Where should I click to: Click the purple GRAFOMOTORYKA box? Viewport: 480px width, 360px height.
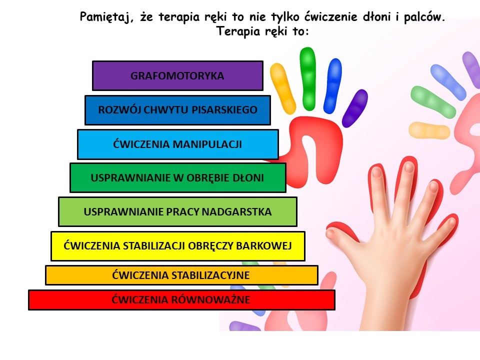coord(177,75)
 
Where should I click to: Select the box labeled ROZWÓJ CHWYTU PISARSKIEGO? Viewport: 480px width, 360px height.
coord(177,110)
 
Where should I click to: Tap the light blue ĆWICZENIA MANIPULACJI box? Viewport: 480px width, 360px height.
coord(178,144)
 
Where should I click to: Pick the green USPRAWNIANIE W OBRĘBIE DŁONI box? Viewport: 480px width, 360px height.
coord(178,178)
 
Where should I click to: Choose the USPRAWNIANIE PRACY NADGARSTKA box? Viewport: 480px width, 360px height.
coord(177,212)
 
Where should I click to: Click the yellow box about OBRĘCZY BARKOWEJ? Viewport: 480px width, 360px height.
coord(178,246)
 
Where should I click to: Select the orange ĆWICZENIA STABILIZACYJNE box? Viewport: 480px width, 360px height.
coord(181,275)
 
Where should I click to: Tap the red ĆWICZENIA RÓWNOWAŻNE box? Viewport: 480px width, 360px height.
coord(181,299)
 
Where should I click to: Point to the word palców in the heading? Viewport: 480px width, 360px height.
coord(424,17)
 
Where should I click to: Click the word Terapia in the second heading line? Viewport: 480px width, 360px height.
coord(238,31)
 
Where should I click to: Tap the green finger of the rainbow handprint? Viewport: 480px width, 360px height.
coord(307,78)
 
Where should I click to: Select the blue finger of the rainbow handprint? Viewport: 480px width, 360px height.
coord(333,85)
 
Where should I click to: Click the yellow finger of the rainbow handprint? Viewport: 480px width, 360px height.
coord(282,88)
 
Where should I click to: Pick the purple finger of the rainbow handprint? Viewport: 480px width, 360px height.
coord(355,108)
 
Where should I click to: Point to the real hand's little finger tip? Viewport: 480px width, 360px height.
coord(451,221)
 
